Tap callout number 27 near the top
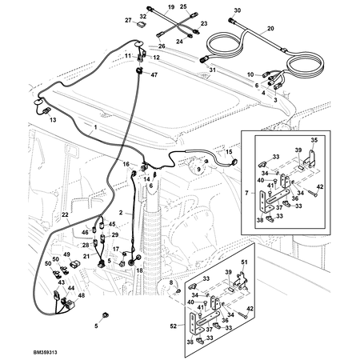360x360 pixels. coord(129,19)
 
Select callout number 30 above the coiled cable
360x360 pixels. coord(236,10)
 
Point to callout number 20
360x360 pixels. coord(270,28)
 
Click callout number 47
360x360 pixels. coord(154,74)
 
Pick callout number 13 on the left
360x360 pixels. coord(53,118)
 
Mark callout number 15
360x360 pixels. coord(228,150)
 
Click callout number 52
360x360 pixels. coord(174,326)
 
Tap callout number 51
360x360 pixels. coord(246,262)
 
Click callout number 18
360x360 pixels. coord(138,271)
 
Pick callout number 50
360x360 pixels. coord(47,262)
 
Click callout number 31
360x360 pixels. coord(213,71)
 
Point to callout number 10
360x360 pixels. coord(250,74)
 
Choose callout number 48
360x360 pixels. coord(81,296)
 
